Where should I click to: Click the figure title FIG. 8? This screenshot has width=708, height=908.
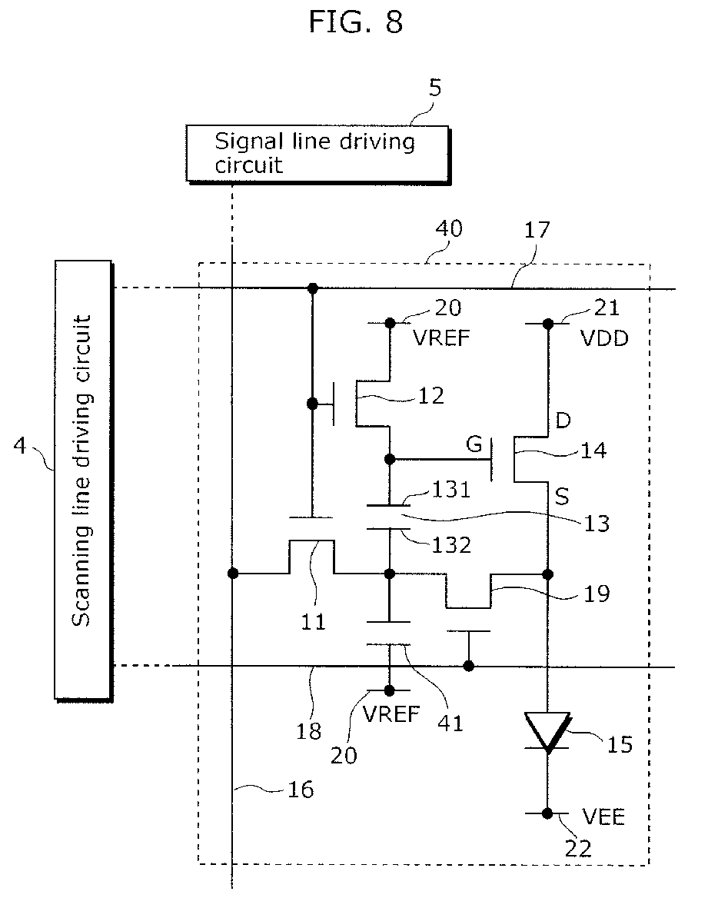click(x=355, y=22)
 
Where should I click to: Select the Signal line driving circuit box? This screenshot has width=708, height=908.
click(x=317, y=155)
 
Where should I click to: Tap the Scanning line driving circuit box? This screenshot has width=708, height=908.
click(x=83, y=481)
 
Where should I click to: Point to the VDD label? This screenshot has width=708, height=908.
click(x=604, y=339)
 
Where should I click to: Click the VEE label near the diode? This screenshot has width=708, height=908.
click(x=603, y=817)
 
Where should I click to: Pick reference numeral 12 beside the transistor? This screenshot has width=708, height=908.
click(x=430, y=395)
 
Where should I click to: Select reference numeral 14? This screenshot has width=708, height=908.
click(x=593, y=450)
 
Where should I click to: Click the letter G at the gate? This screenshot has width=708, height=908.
click(x=474, y=444)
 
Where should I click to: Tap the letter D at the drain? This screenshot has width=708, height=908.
click(x=563, y=420)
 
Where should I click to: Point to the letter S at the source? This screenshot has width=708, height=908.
click(x=561, y=496)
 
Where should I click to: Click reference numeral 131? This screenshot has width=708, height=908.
click(x=451, y=490)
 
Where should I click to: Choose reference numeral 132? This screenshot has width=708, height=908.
click(x=451, y=545)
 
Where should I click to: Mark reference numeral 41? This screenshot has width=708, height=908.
click(x=450, y=723)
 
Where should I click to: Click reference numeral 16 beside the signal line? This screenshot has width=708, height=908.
click(x=301, y=790)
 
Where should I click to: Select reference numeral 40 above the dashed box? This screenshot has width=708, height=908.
click(x=449, y=229)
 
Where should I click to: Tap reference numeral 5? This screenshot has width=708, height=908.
click(x=435, y=88)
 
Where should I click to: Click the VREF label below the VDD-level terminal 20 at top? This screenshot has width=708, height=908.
click(x=441, y=338)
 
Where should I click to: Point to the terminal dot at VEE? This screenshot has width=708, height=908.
click(x=547, y=813)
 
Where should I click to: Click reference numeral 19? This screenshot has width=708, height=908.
click(x=597, y=594)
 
